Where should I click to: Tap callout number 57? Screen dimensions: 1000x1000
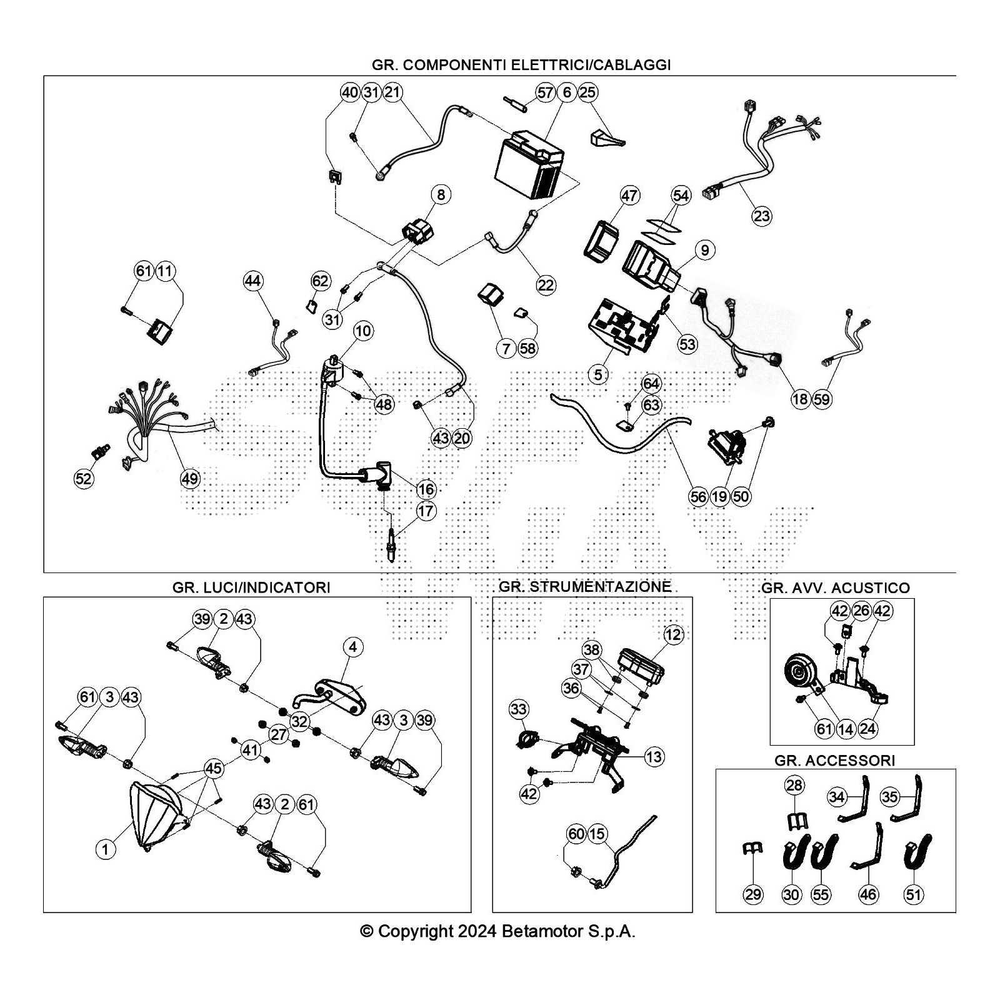pyautogui.click(x=546, y=92)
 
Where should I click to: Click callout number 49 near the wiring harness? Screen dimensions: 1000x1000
pyautogui.click(x=190, y=479)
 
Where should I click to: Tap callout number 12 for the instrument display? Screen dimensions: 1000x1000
pyautogui.click(x=673, y=635)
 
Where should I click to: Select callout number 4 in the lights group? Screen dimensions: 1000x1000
pyautogui.click(x=353, y=647)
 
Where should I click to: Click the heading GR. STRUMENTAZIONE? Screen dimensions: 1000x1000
pyautogui.click(x=585, y=586)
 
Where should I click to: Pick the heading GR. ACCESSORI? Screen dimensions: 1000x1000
pyautogui.click(x=834, y=760)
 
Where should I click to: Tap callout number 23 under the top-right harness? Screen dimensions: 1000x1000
pyautogui.click(x=762, y=216)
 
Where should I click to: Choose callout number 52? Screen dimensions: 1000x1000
pyautogui.click(x=83, y=479)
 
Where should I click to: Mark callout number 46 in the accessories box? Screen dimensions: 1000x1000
pyautogui.click(x=868, y=894)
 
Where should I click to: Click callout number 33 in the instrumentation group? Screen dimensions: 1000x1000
pyautogui.click(x=519, y=709)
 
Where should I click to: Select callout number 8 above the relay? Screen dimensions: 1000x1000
pyautogui.click(x=441, y=194)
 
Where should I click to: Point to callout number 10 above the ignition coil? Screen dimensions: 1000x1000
pyautogui.click(x=363, y=331)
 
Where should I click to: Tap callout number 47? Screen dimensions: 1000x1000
pyautogui.click(x=629, y=196)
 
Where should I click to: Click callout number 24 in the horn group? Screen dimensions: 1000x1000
pyautogui.click(x=868, y=728)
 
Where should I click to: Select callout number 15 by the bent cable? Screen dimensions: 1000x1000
pyautogui.click(x=597, y=834)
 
